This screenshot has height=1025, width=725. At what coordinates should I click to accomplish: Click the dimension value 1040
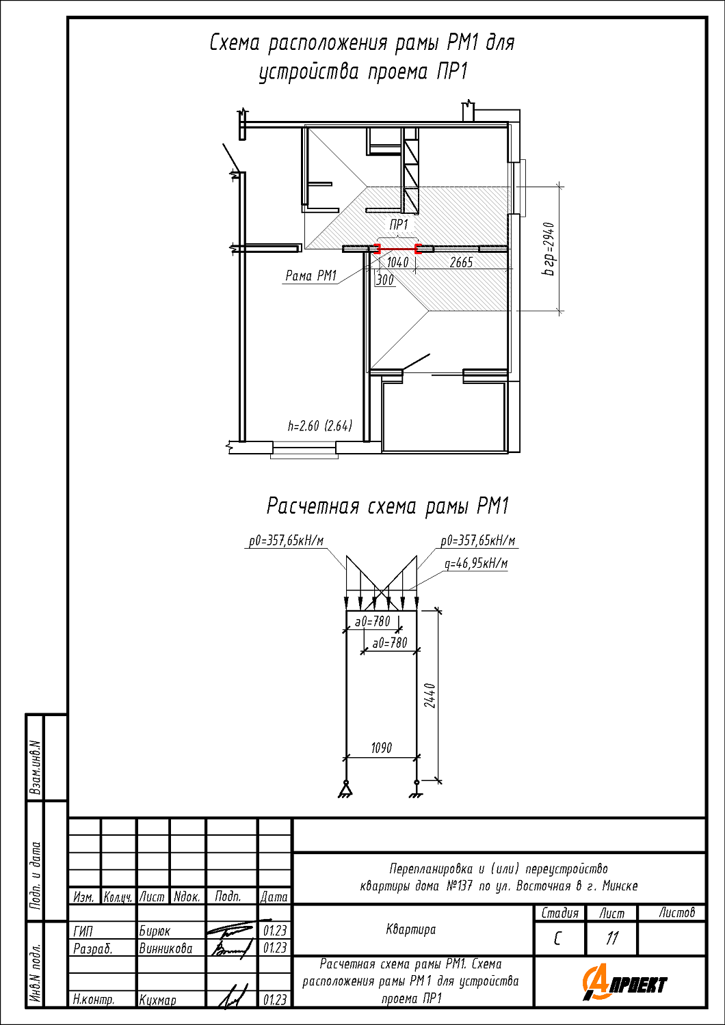397,262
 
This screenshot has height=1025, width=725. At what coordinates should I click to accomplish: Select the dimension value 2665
461,262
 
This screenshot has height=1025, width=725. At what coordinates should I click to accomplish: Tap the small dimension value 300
384,280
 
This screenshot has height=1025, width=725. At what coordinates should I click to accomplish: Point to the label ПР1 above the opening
399,225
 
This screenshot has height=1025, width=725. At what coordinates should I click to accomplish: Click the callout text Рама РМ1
311,275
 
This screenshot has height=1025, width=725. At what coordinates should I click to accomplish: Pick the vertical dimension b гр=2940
549,249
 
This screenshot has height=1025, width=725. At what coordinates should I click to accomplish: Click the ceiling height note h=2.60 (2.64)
320,426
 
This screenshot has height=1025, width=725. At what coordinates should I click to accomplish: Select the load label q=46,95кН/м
476,563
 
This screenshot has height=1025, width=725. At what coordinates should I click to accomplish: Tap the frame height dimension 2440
430,696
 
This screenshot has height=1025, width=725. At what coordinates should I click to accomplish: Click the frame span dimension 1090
382,748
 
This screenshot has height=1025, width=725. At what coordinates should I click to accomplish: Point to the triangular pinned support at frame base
345,789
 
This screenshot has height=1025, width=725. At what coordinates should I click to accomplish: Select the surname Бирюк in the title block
155,931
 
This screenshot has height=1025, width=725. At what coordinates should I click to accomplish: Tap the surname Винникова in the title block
166,948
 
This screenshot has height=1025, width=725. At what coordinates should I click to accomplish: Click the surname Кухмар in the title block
157,1000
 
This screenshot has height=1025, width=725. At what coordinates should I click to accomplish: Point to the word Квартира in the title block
411,929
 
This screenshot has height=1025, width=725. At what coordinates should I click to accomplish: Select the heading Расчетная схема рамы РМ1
388,506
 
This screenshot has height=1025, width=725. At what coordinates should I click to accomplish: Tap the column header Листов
677,912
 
